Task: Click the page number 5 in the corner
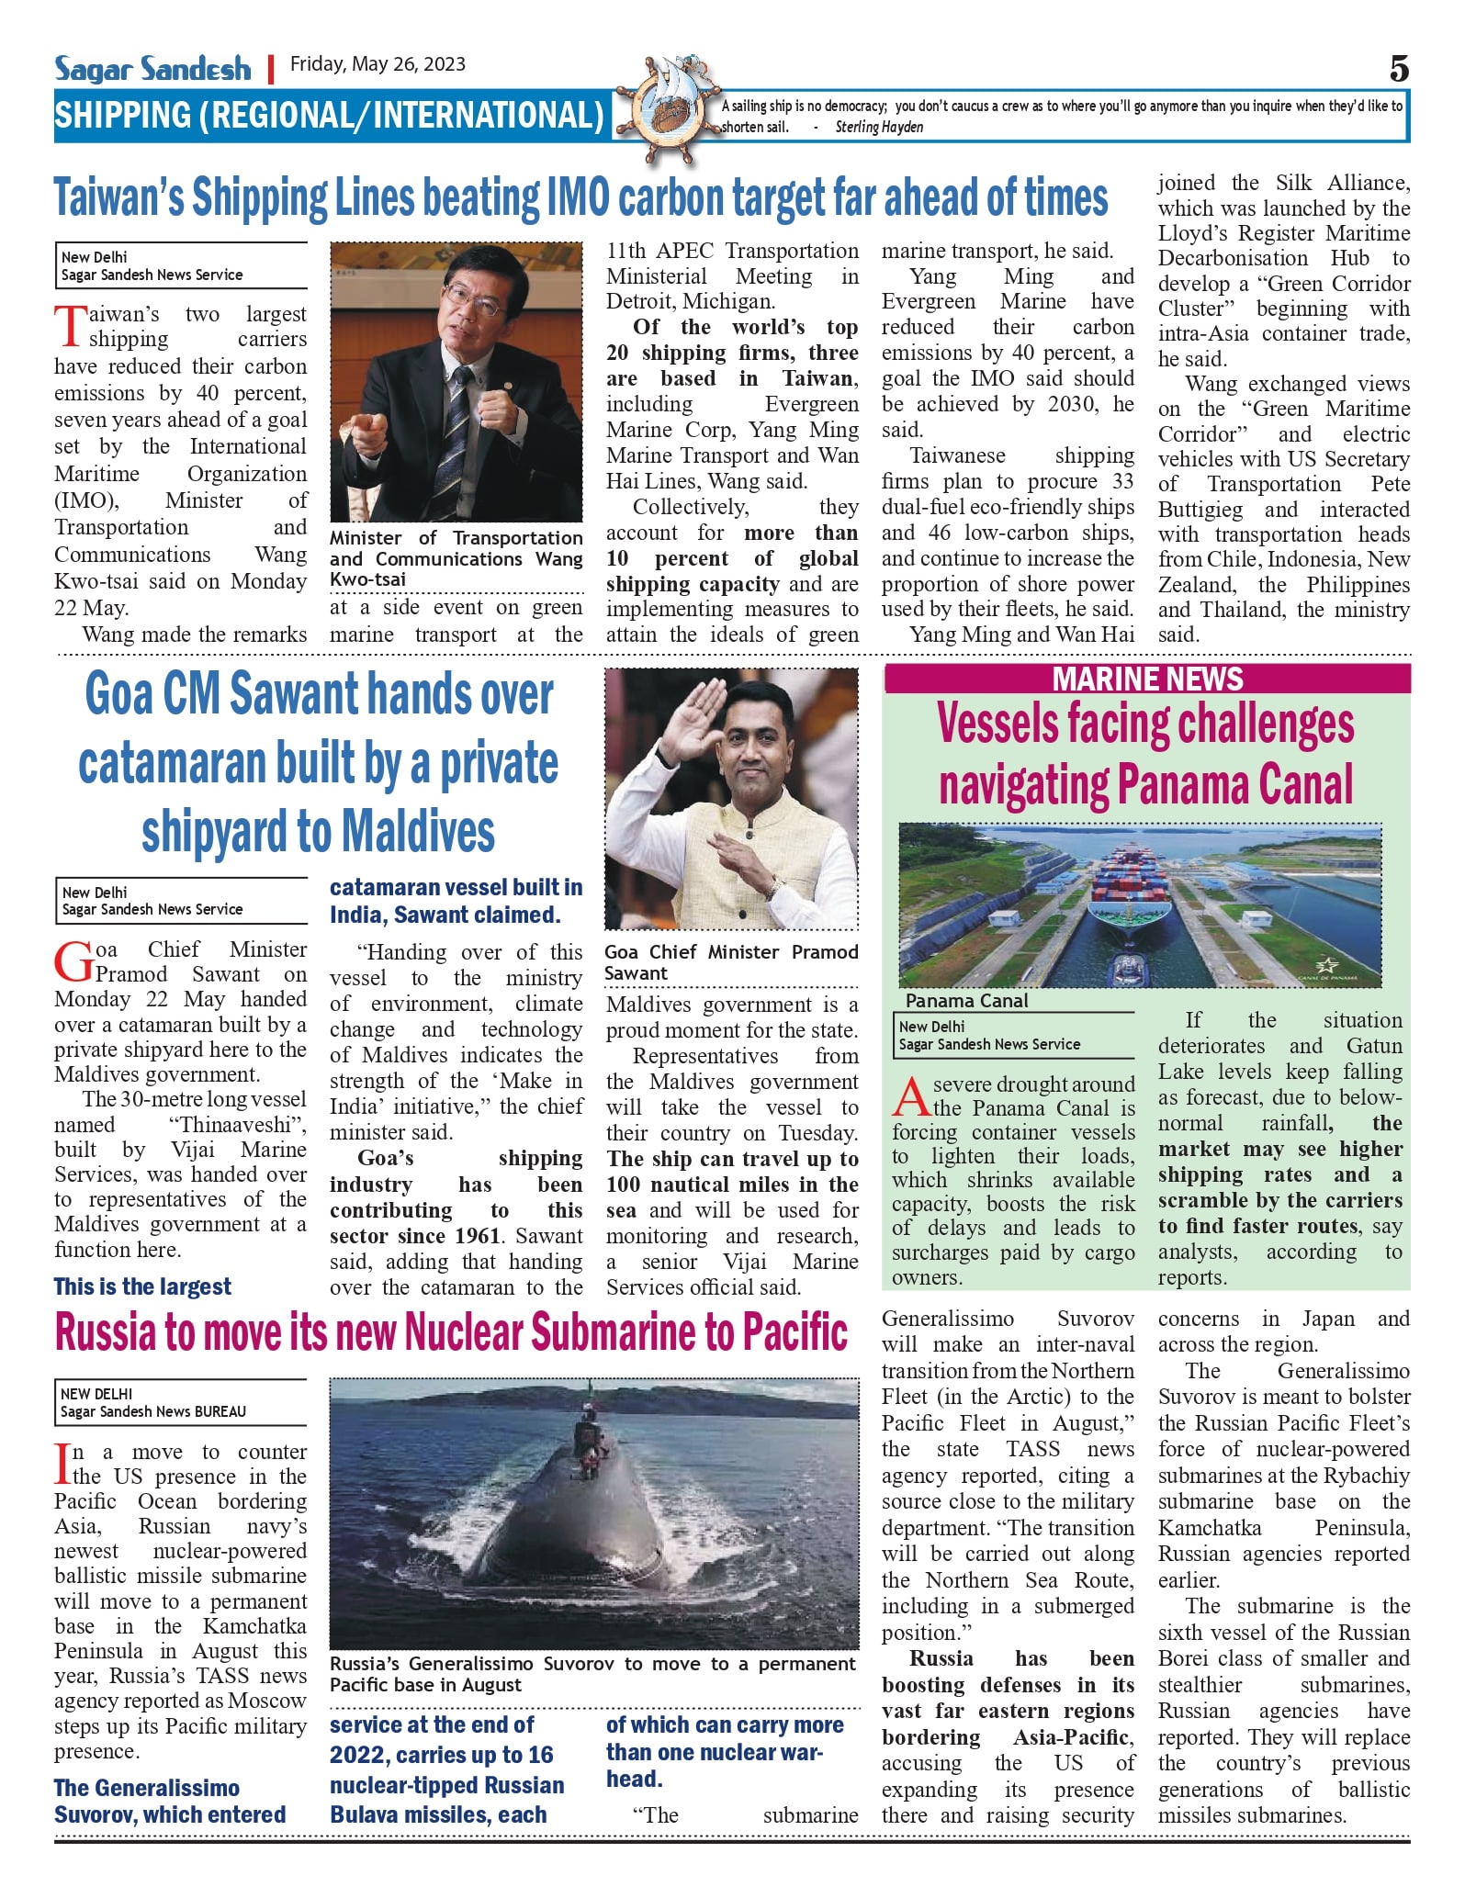pyautogui.click(x=1398, y=69)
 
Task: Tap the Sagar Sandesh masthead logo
pyautogui.click(x=152, y=69)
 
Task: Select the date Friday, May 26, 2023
pyautogui.click(x=378, y=64)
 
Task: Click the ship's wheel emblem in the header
pyautogui.click(x=666, y=108)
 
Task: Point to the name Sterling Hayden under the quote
pyautogui.click(x=879, y=128)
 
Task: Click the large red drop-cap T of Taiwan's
pyautogui.click(x=70, y=327)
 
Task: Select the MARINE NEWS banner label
pyautogui.click(x=1147, y=679)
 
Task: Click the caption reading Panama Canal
pyautogui.click(x=966, y=1001)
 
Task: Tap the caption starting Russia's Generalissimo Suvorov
pyautogui.click(x=592, y=1674)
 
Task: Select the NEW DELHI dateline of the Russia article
pyautogui.click(x=96, y=1394)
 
